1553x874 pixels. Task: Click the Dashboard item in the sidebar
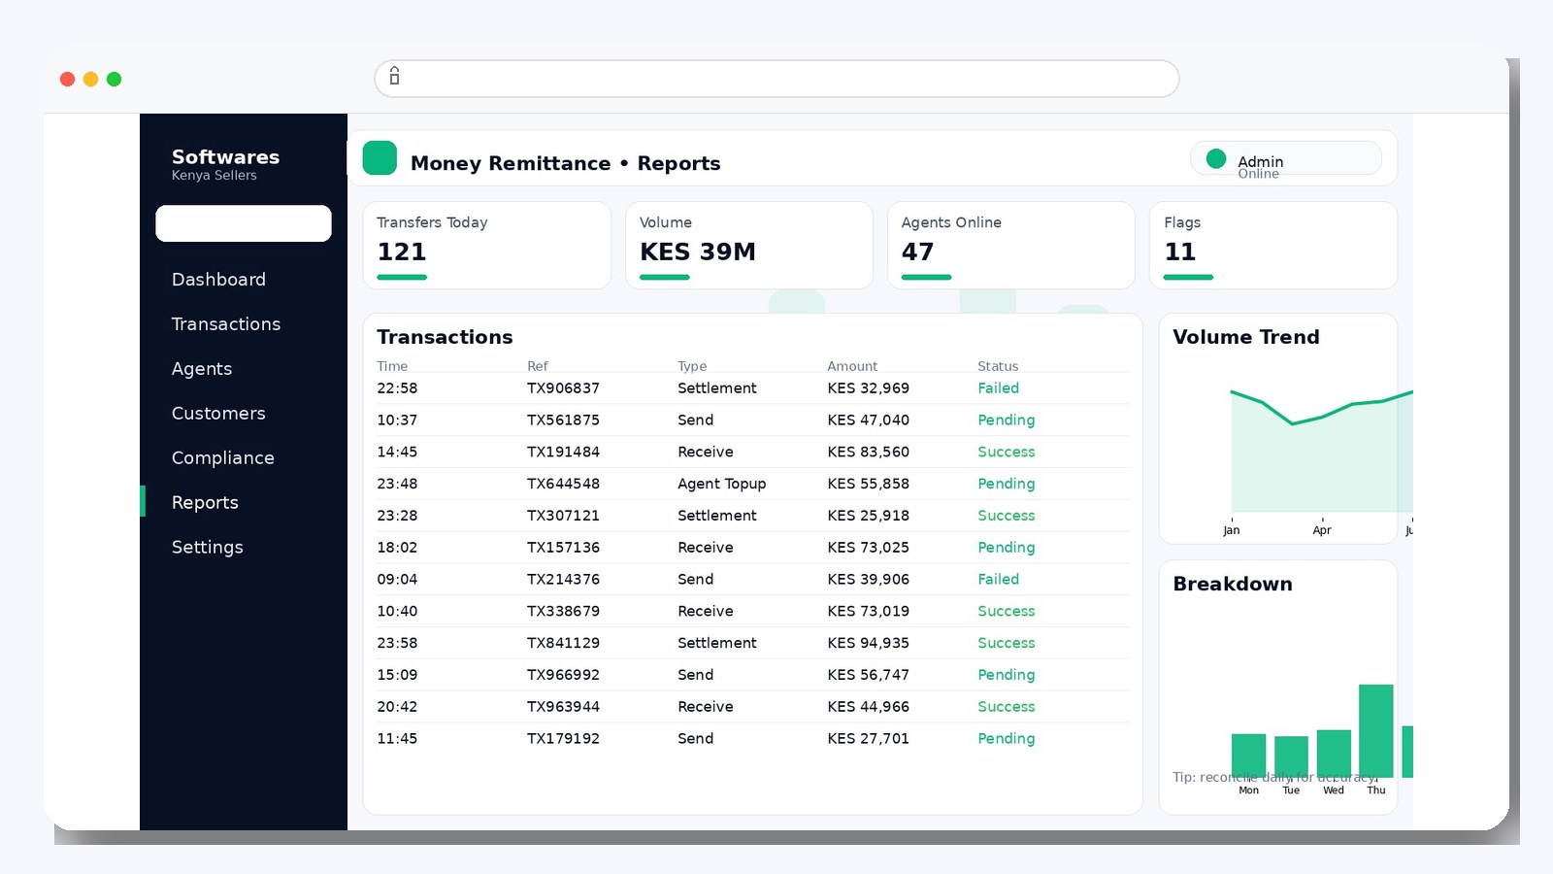[218, 280]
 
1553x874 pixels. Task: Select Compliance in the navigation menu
[222, 458]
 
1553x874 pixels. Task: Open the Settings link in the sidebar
[207, 548]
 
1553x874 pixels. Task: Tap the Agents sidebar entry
[202, 369]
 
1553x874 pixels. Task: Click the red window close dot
[67, 80]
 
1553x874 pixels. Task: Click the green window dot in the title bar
[114, 80]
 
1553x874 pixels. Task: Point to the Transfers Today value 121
[402, 252]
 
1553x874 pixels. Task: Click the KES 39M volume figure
[697, 252]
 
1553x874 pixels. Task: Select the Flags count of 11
[1179, 252]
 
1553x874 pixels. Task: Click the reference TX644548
[563, 484]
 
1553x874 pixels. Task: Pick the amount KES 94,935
[868, 643]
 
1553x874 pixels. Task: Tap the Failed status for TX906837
[998, 388]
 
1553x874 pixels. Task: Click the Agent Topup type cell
[721, 484]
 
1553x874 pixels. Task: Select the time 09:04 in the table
[397, 580]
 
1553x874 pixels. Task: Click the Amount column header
[851, 366]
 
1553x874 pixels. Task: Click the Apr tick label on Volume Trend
[1321, 530]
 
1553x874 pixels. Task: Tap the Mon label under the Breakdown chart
[1248, 790]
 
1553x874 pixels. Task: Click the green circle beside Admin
[1215, 158]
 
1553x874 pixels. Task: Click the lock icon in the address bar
[394, 76]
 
